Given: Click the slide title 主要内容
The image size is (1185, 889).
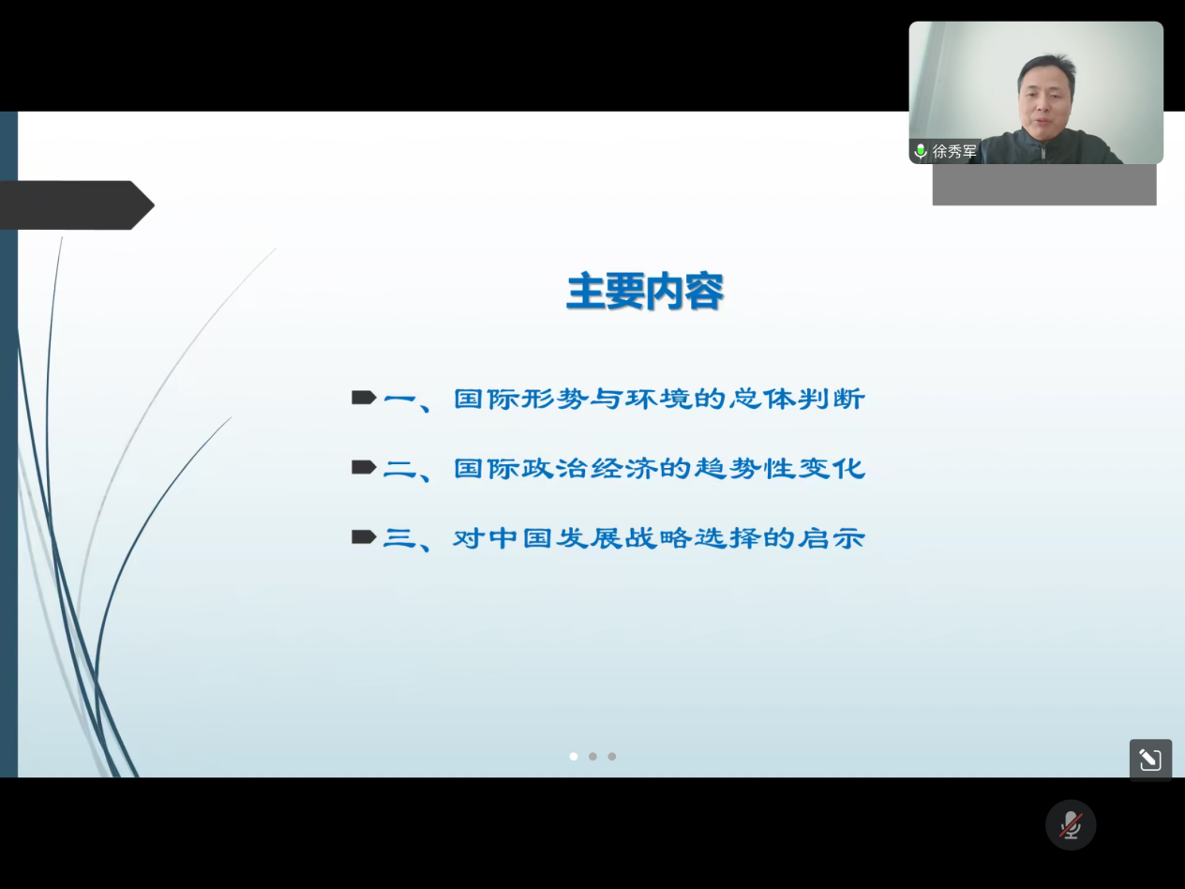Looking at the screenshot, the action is point(645,292).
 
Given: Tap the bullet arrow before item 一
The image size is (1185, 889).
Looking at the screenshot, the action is point(364,398).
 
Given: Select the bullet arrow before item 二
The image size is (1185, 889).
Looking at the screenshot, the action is point(364,467).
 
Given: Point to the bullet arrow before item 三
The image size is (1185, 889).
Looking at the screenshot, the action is point(364,537).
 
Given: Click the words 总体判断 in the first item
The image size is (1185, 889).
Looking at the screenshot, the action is point(797,399).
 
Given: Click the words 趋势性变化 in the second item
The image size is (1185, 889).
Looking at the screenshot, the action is point(780,468).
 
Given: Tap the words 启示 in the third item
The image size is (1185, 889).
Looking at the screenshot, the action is point(832,538).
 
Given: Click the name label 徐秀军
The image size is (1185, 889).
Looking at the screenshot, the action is point(954,151).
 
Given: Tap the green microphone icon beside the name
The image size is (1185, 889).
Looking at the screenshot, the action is point(921,151).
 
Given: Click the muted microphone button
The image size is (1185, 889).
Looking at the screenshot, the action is point(1071,824).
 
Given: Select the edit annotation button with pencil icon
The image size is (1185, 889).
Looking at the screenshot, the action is point(1150,760).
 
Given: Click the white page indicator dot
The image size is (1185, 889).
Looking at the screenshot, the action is point(574,756).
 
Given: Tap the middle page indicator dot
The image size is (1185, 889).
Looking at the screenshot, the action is point(592,756).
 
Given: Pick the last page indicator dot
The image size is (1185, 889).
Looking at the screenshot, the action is point(611,756).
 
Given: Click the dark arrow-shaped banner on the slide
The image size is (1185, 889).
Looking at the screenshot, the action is point(76,205).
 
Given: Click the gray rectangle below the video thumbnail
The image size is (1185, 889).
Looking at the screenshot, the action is point(1044,185).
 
